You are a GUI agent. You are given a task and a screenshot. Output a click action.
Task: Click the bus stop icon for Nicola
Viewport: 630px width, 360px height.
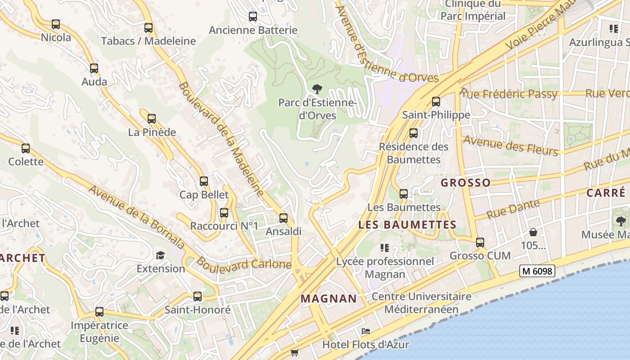pos(56,24)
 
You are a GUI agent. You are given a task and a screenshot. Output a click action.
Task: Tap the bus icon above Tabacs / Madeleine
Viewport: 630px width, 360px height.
pos(148,28)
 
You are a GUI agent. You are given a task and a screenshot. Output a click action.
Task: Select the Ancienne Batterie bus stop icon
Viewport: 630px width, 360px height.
pos(253,17)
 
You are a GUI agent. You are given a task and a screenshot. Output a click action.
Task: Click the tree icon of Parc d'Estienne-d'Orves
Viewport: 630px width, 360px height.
pos(317,89)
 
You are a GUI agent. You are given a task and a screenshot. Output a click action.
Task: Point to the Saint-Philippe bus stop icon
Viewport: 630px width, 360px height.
pos(436,102)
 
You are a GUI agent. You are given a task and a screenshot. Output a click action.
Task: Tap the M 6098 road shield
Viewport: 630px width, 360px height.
pos(537,271)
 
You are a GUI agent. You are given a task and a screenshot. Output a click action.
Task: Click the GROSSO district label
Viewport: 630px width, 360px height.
pos(465,183)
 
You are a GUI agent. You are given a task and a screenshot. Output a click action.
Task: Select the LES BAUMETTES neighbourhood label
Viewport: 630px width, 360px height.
pos(407,225)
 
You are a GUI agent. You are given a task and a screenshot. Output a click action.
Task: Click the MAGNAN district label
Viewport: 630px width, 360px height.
pos(328,298)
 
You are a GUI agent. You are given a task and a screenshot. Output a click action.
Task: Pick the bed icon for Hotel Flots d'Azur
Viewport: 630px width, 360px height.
pos(366,331)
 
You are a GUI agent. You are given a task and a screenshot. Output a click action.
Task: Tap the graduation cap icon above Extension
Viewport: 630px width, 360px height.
pos(161,256)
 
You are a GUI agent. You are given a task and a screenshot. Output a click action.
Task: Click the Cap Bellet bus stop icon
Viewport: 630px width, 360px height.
pos(204,181)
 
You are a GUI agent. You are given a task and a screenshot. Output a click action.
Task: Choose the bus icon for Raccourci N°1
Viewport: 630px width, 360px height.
pos(224,213)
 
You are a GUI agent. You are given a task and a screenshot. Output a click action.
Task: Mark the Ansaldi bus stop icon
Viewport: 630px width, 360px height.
pos(283,218)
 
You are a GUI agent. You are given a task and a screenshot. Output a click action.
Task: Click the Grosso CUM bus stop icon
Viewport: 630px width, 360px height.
pos(480,243)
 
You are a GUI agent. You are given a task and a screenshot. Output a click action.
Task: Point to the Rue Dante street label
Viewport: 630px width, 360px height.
pos(513,209)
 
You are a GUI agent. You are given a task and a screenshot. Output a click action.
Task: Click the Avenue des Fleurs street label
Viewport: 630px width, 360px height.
pos(510,145)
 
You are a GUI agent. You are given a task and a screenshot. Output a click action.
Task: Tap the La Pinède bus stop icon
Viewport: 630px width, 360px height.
pos(152,119)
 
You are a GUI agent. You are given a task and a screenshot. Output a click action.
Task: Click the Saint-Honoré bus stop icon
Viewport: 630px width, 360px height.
pos(198,297)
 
